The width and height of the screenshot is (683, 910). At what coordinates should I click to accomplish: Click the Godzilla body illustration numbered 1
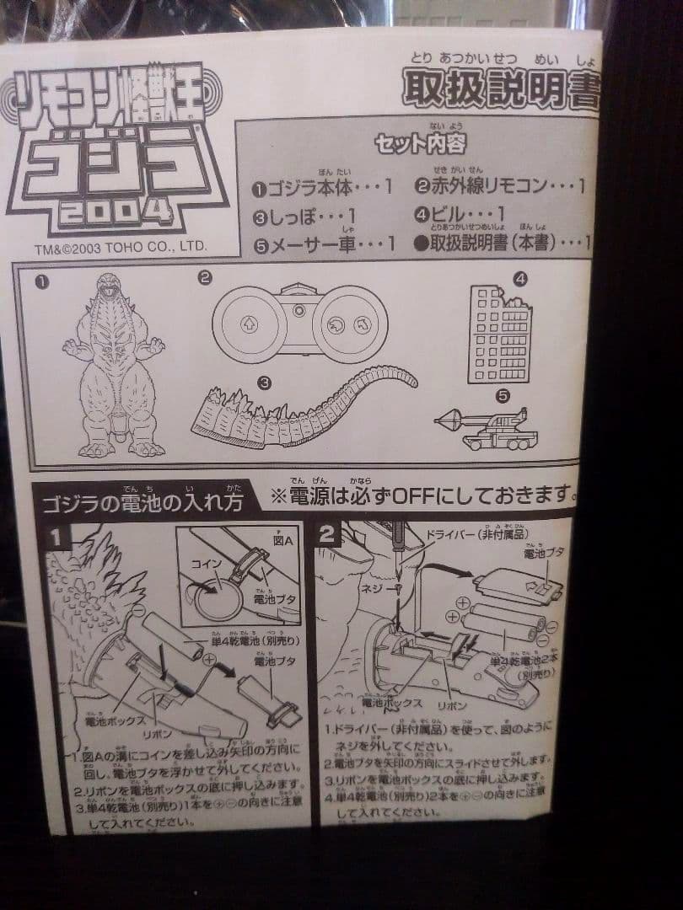[x=113, y=367]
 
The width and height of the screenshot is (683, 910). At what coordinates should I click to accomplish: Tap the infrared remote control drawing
[x=299, y=323]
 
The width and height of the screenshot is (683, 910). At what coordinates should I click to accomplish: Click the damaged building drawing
[x=499, y=333]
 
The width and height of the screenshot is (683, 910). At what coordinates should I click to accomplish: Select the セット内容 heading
[x=420, y=143]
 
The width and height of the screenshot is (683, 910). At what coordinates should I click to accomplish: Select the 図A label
[x=282, y=540]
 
